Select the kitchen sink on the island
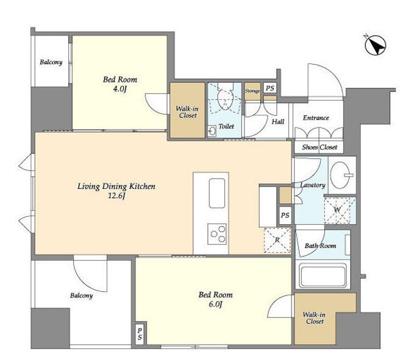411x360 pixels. (216, 193)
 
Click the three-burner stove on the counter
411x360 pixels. (217, 234)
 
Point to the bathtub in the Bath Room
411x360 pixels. (323, 276)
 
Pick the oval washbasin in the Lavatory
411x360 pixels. (340, 175)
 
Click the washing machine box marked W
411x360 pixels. (340, 211)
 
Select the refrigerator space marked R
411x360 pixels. (277, 240)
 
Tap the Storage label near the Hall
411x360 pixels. (252, 91)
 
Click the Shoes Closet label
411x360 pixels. (320, 147)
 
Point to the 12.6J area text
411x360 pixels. (116, 196)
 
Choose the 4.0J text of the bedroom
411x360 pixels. (120, 90)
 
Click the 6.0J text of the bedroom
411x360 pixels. (215, 305)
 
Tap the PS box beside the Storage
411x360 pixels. (270, 88)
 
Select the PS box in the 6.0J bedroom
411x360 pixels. (140, 334)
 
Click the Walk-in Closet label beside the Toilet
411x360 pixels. (187, 112)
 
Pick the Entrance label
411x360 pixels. (316, 118)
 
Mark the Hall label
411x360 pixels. (278, 121)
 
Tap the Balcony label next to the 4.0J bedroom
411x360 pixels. (51, 62)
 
